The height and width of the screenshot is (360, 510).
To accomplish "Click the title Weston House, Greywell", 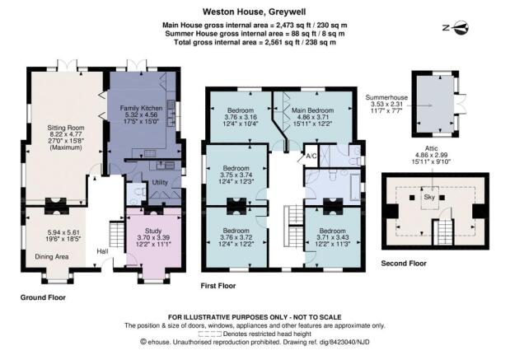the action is pos(254,12).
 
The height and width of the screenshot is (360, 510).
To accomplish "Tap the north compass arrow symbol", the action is pos(459,28).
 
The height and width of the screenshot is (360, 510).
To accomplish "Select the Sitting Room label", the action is pos(66,128).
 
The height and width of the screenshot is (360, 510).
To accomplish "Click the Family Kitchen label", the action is pos(141,108).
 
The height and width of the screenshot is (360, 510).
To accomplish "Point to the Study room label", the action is pos(153,231).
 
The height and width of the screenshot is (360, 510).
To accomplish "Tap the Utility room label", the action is pos(160,182).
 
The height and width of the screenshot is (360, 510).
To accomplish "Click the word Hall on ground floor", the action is pos(102,251).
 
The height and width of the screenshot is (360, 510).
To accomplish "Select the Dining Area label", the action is pos(52,256).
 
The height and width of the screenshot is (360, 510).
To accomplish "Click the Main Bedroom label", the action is pos(312,110).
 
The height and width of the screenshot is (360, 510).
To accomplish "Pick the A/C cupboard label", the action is pos(311,156).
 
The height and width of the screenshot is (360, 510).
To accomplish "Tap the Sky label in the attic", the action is pos(429,197).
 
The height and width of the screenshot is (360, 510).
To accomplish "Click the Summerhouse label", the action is pos(386,97).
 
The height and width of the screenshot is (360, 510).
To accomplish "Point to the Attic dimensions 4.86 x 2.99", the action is pos(431,155).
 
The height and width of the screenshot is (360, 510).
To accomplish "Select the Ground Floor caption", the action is pos(43,297).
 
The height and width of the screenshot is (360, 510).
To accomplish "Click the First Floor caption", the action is pos(218,286).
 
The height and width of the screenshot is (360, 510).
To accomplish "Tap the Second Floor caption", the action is pos(404,264).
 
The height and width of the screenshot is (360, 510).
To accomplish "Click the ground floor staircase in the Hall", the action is pos(116,234).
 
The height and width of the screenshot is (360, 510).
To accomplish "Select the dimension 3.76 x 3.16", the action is pos(241,117).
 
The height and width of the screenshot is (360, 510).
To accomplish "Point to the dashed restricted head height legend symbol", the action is pos(210,334).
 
